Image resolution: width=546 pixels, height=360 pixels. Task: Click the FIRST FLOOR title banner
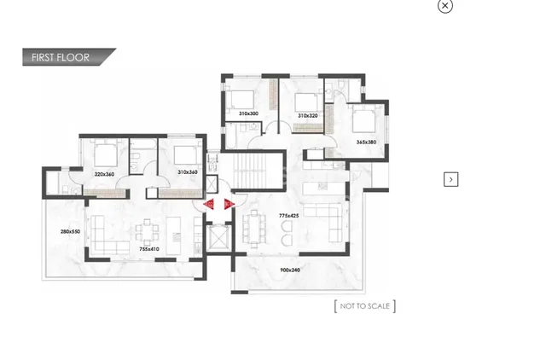tap(69, 57)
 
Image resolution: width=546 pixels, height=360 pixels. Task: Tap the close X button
tap(445, 6)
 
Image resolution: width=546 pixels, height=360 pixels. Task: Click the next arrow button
tap(451, 179)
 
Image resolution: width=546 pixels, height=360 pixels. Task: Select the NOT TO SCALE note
tap(364, 306)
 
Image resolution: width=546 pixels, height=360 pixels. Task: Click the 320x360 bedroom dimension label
tap(104, 174)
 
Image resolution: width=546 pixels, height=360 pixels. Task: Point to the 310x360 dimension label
tap(188, 172)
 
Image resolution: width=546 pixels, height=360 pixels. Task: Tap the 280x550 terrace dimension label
tap(70, 231)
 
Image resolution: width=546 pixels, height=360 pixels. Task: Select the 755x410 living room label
tap(149, 249)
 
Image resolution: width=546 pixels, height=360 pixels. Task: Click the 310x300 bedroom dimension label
tap(248, 113)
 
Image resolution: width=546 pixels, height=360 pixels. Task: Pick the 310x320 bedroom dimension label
tap(308, 115)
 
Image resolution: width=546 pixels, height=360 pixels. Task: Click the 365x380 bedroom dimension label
tap(366, 142)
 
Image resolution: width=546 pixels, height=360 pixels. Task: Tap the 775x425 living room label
tap(288, 216)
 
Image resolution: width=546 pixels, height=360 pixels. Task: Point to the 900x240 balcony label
tap(290, 270)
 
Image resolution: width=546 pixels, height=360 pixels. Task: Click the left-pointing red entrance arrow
tap(208, 205)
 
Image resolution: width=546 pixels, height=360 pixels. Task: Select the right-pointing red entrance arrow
tap(229, 205)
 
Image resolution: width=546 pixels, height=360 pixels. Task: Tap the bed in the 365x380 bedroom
tap(363, 119)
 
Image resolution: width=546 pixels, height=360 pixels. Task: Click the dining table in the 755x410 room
tap(148, 232)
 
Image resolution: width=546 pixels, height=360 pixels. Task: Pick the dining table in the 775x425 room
tap(255, 229)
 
